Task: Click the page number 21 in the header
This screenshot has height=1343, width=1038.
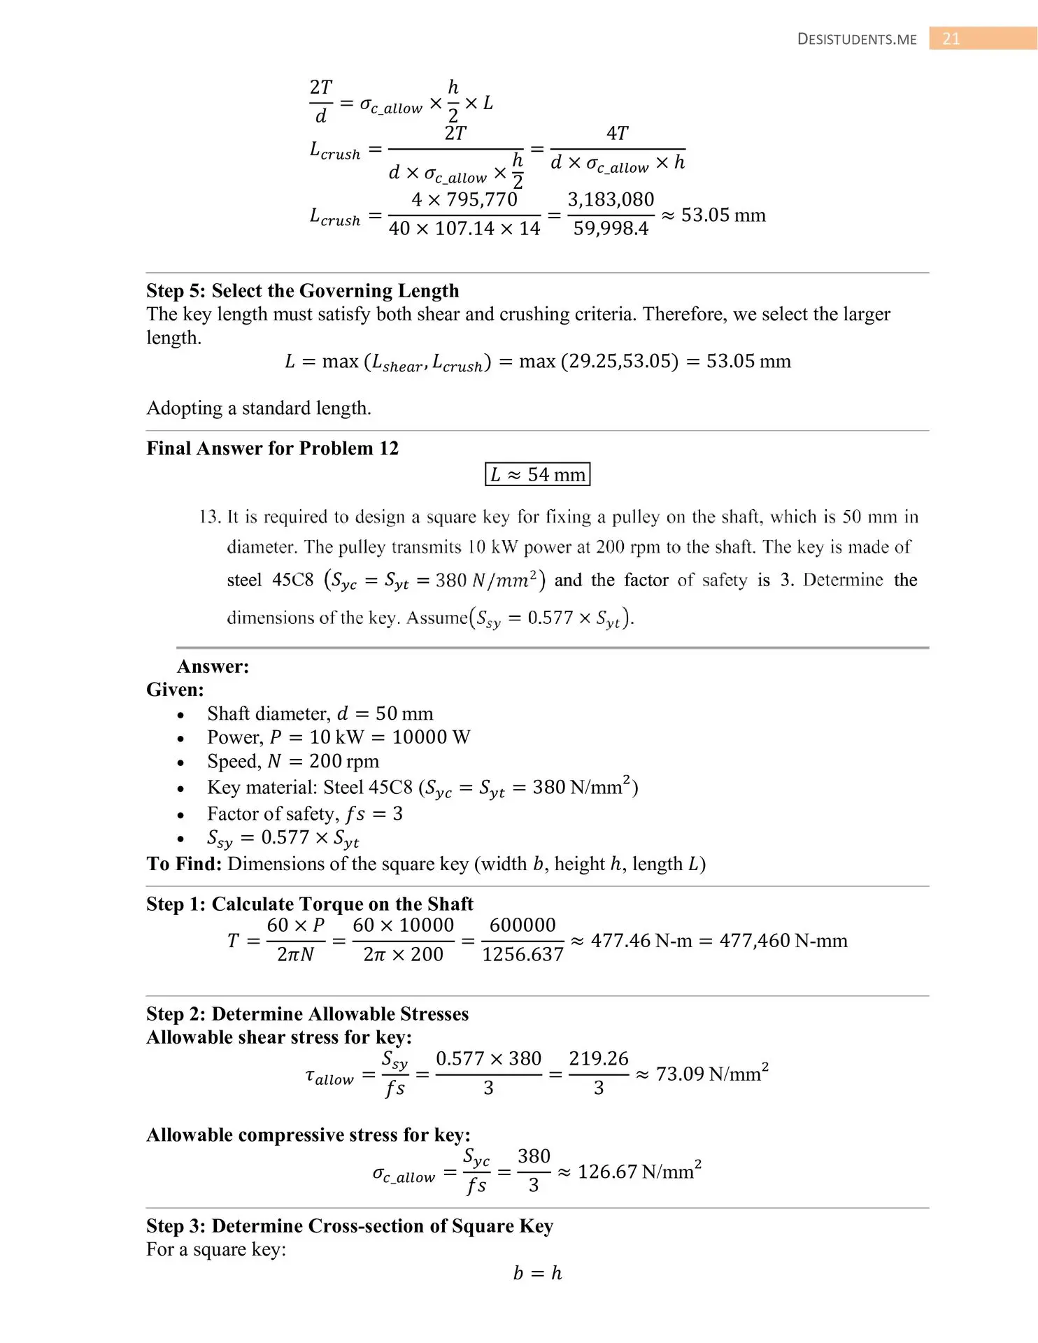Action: tap(951, 38)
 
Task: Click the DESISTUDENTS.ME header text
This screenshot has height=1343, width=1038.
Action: tap(856, 39)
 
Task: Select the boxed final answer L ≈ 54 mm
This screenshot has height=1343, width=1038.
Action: tap(537, 474)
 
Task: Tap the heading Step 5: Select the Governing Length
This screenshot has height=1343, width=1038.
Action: tap(302, 290)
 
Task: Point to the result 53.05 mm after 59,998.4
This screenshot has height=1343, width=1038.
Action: tap(723, 215)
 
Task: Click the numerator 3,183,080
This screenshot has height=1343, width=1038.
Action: tap(611, 200)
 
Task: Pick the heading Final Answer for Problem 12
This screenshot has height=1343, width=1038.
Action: tap(272, 448)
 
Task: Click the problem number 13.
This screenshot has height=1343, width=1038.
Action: tap(210, 517)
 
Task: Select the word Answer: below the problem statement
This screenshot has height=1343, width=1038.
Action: tap(213, 666)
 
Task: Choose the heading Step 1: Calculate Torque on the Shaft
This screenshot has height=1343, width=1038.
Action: tap(309, 904)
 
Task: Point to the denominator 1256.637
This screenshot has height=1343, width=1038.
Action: tap(522, 955)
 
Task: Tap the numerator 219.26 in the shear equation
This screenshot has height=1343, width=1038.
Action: tap(598, 1059)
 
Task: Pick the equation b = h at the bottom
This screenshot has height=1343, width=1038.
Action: tap(537, 1273)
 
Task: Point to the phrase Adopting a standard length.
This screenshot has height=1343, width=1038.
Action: tap(259, 408)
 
